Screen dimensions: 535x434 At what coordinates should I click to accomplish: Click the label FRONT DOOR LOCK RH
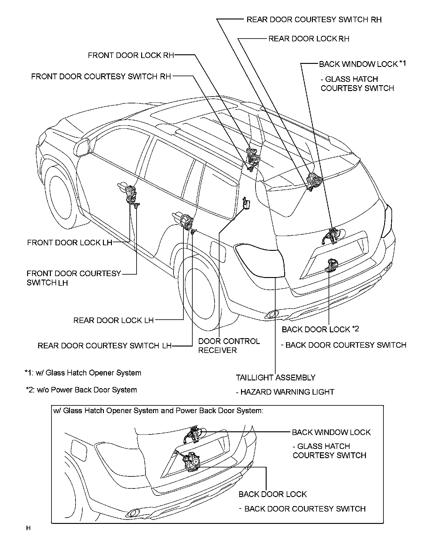[x=131, y=56]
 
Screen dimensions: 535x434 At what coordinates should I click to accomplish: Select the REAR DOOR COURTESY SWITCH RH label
[x=314, y=20]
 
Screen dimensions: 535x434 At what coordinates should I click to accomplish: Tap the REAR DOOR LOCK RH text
[x=309, y=39]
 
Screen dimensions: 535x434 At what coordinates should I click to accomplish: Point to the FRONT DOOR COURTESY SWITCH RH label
[x=101, y=77]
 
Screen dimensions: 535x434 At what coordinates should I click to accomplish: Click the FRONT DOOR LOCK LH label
[x=70, y=243]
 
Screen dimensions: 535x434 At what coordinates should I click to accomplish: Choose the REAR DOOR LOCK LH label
[x=113, y=320]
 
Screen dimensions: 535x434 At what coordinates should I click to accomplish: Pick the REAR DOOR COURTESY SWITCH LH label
[x=104, y=346]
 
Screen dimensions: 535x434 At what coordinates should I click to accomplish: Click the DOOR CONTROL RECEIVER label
[x=229, y=346]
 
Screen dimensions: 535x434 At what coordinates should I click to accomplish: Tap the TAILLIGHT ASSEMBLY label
[x=276, y=378]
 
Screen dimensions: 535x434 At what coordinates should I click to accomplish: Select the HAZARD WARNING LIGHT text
[x=287, y=392]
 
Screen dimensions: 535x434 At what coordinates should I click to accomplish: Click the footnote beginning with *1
[x=83, y=373]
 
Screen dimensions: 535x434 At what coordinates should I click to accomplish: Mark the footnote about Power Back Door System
[x=81, y=390]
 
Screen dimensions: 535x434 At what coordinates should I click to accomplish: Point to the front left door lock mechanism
[x=131, y=194]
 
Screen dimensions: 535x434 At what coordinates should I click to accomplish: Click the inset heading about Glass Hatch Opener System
[x=158, y=411]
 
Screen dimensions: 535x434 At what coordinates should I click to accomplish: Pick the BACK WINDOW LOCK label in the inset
[x=331, y=432]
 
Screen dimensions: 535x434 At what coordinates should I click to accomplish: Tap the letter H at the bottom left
[x=28, y=528]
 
